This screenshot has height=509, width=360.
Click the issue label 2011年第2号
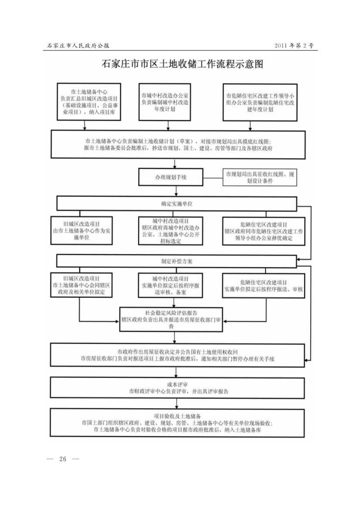[294, 45]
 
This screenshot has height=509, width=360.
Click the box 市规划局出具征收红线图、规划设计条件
[261, 178]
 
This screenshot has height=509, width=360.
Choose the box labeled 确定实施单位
[177, 203]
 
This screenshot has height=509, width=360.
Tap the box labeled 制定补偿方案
[177, 262]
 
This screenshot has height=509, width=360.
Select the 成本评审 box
[177, 388]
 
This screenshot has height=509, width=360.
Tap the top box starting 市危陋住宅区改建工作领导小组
[260, 102]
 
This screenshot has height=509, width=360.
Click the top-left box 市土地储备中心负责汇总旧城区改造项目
[86, 102]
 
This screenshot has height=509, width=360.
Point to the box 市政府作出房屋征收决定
[177, 355]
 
